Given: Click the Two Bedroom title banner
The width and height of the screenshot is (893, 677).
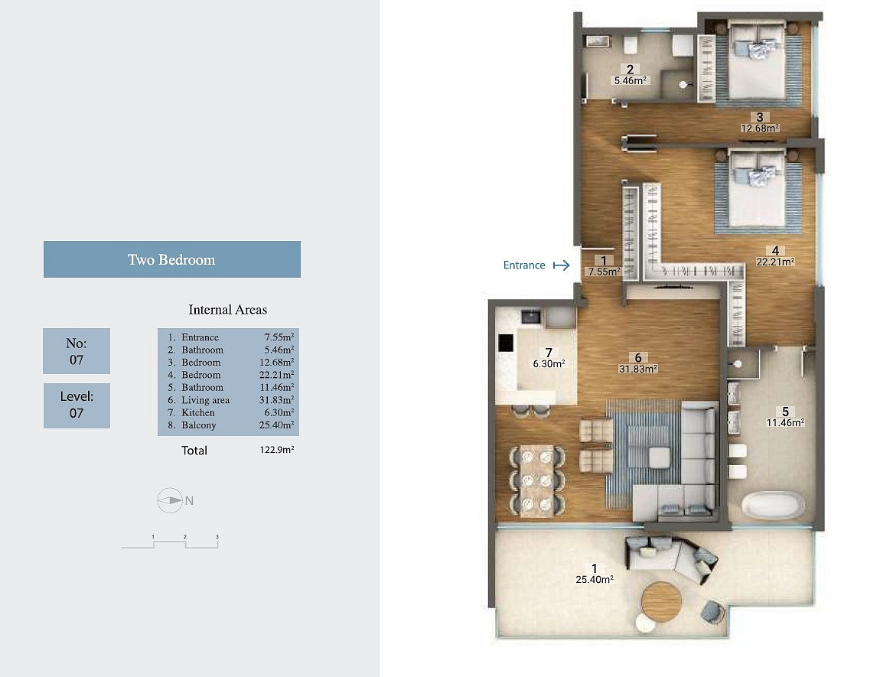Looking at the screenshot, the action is pos(172,259).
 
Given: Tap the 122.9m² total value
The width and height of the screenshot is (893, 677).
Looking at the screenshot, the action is pos(277,450).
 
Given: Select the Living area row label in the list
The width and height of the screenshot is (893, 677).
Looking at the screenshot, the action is pos(206,400).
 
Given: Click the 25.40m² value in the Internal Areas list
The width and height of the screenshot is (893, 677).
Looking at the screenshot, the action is pos(277,425).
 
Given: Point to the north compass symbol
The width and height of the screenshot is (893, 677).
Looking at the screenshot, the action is pos(170,501).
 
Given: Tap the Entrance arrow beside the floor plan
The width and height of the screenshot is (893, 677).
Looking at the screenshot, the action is pos(562,265).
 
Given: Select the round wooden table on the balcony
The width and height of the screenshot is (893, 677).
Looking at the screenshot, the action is pos(661,601).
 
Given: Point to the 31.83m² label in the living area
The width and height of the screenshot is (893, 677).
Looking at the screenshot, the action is pos(638,369).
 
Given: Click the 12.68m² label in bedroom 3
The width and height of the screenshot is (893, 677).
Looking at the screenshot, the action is pos(760,128).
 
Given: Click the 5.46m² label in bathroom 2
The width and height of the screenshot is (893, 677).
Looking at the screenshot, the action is pos(630,81).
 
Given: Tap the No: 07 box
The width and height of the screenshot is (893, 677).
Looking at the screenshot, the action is pos(77,351).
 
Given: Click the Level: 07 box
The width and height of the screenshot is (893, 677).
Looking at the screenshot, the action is pos(77,405).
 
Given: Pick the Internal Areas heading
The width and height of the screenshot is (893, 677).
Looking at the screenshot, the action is pos(228,310).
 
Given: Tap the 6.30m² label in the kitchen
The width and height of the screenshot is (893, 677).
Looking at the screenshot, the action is pos(549,364).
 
